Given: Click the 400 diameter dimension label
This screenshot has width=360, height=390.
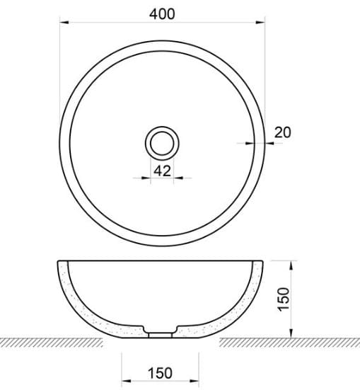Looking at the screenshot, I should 162,12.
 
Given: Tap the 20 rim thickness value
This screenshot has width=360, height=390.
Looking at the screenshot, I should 282,132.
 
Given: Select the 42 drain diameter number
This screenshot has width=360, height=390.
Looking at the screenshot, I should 162,170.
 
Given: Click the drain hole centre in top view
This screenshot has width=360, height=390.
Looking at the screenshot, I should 162,142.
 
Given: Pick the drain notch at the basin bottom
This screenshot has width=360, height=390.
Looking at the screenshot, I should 162,331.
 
